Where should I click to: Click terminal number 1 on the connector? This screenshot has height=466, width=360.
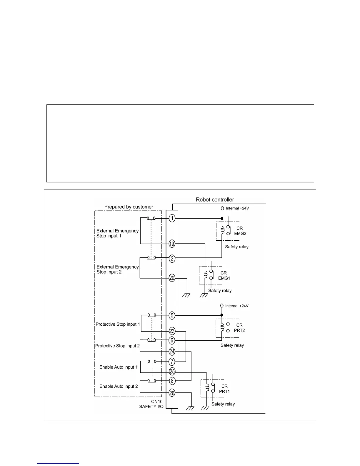tap(172, 218)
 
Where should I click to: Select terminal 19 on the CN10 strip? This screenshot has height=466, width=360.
tap(172, 244)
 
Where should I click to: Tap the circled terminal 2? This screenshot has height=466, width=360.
tap(172, 259)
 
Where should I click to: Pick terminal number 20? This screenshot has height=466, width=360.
tap(172, 278)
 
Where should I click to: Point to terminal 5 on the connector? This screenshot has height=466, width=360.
tap(172, 315)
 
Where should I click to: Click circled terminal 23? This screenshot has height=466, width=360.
tap(172, 331)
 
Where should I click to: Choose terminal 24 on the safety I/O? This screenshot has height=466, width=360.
tap(172, 351)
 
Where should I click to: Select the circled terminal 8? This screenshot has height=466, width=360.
tap(172, 381)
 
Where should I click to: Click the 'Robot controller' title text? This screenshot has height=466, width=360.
tap(215, 200)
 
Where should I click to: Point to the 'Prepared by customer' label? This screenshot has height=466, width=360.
tap(129, 207)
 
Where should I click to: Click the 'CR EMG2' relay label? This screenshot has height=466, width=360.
tap(240, 231)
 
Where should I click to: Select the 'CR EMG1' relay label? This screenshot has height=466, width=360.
tap(224, 275)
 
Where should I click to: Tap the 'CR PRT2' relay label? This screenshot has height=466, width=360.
tap(239, 328)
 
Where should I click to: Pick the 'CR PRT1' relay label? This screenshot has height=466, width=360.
tap(224, 389)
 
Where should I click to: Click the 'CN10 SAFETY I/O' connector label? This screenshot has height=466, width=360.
tap(151, 404)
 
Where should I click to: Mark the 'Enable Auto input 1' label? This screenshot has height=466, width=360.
tap(119, 367)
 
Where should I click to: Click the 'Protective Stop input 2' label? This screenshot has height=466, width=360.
tap(118, 346)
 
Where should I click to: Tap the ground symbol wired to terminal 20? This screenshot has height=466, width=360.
tap(186, 295)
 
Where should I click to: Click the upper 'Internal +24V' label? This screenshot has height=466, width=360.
tap(237, 208)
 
